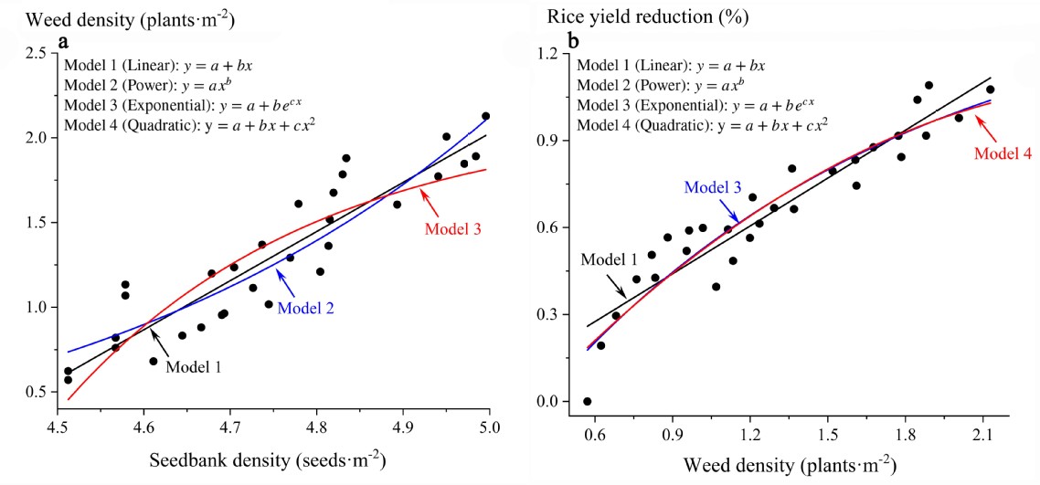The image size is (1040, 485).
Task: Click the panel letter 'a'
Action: pos(64,42)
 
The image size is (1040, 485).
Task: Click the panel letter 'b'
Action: pos(573,42)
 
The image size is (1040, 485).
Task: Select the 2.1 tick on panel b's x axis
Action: pos(983,427)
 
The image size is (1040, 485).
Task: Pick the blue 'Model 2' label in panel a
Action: pos(305,308)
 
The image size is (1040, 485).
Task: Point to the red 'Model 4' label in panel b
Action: pos(1003,153)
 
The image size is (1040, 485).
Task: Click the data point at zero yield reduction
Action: pos(587,401)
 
